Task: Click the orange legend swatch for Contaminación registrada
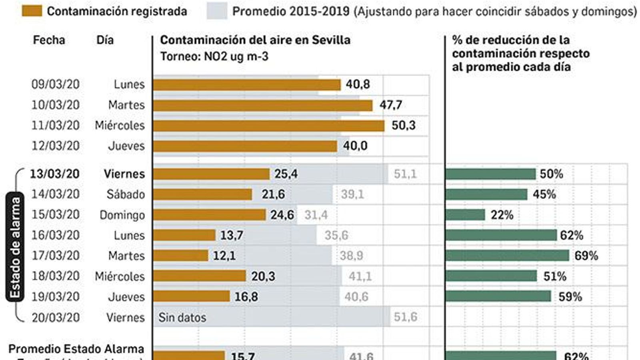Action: pyautogui.click(x=32, y=11)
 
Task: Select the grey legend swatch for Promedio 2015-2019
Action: pyautogui.click(x=217, y=11)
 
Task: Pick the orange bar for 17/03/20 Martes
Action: pyautogui.click(x=180, y=256)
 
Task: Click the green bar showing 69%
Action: pyautogui.click(x=507, y=256)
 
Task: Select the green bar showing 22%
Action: pyautogui.click(x=465, y=215)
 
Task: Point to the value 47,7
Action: pyautogui.click(x=390, y=105)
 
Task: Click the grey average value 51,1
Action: pyautogui.click(x=405, y=174)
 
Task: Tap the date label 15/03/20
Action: pyautogui.click(x=56, y=215)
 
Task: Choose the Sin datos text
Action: pyautogui.click(x=182, y=318)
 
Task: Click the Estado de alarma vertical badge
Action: pyautogui.click(x=14, y=247)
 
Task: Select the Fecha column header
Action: pyautogui.click(x=49, y=40)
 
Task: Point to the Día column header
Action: pyautogui.click(x=105, y=40)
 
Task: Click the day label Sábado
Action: pyautogui.click(x=126, y=194)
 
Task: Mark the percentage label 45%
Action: pyautogui.click(x=544, y=194)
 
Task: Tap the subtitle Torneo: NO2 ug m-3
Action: pyautogui.click(x=214, y=56)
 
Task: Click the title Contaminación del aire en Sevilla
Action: pyautogui.click(x=255, y=40)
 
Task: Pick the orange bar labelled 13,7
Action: pyautogui.click(x=184, y=235)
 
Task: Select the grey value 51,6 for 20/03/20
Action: pyautogui.click(x=405, y=317)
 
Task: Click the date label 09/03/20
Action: pyautogui.click(x=56, y=84)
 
